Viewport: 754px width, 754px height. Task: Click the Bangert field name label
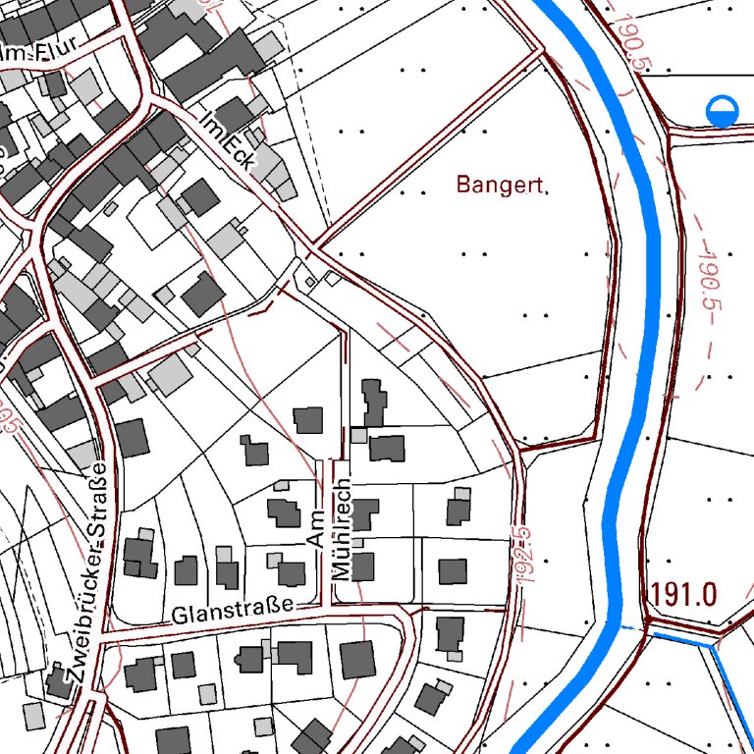pyautogui.click(x=499, y=184)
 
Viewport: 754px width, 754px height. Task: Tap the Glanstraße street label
pyautogui.click(x=232, y=613)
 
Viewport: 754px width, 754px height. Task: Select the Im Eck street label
pyautogui.click(x=227, y=141)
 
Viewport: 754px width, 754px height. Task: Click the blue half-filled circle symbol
pyautogui.click(x=722, y=111)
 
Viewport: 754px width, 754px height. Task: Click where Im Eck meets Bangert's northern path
pyautogui.click(x=316, y=244)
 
